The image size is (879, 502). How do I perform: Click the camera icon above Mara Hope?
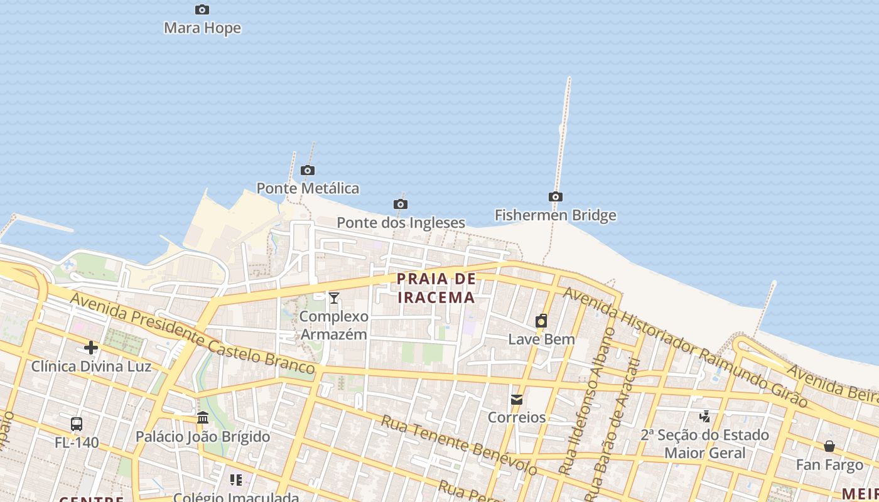(x=202, y=9)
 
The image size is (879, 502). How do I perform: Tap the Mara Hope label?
(x=202, y=28)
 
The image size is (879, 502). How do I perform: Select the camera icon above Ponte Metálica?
(x=308, y=170)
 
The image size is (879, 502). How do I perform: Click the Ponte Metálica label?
(x=308, y=188)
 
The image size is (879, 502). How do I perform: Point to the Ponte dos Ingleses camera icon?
(x=401, y=204)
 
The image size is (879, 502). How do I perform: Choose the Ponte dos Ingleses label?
(x=401, y=223)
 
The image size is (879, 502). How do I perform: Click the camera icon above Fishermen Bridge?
(x=556, y=197)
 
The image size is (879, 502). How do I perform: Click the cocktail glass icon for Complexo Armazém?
(x=334, y=297)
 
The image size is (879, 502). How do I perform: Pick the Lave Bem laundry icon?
(x=541, y=321)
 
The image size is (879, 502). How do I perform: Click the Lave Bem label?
(x=541, y=339)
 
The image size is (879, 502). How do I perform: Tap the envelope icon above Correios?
(x=517, y=399)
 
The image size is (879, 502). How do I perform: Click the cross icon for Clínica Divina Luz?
(x=91, y=348)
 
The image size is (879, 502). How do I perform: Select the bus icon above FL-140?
(x=77, y=424)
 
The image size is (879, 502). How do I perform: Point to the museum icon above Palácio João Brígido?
(x=203, y=418)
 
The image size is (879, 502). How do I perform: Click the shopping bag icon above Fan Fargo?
(x=829, y=446)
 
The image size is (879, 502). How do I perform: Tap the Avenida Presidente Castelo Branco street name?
(x=191, y=333)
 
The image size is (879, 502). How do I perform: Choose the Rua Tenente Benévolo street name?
(x=458, y=444)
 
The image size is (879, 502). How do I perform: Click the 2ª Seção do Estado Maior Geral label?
(x=704, y=444)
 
